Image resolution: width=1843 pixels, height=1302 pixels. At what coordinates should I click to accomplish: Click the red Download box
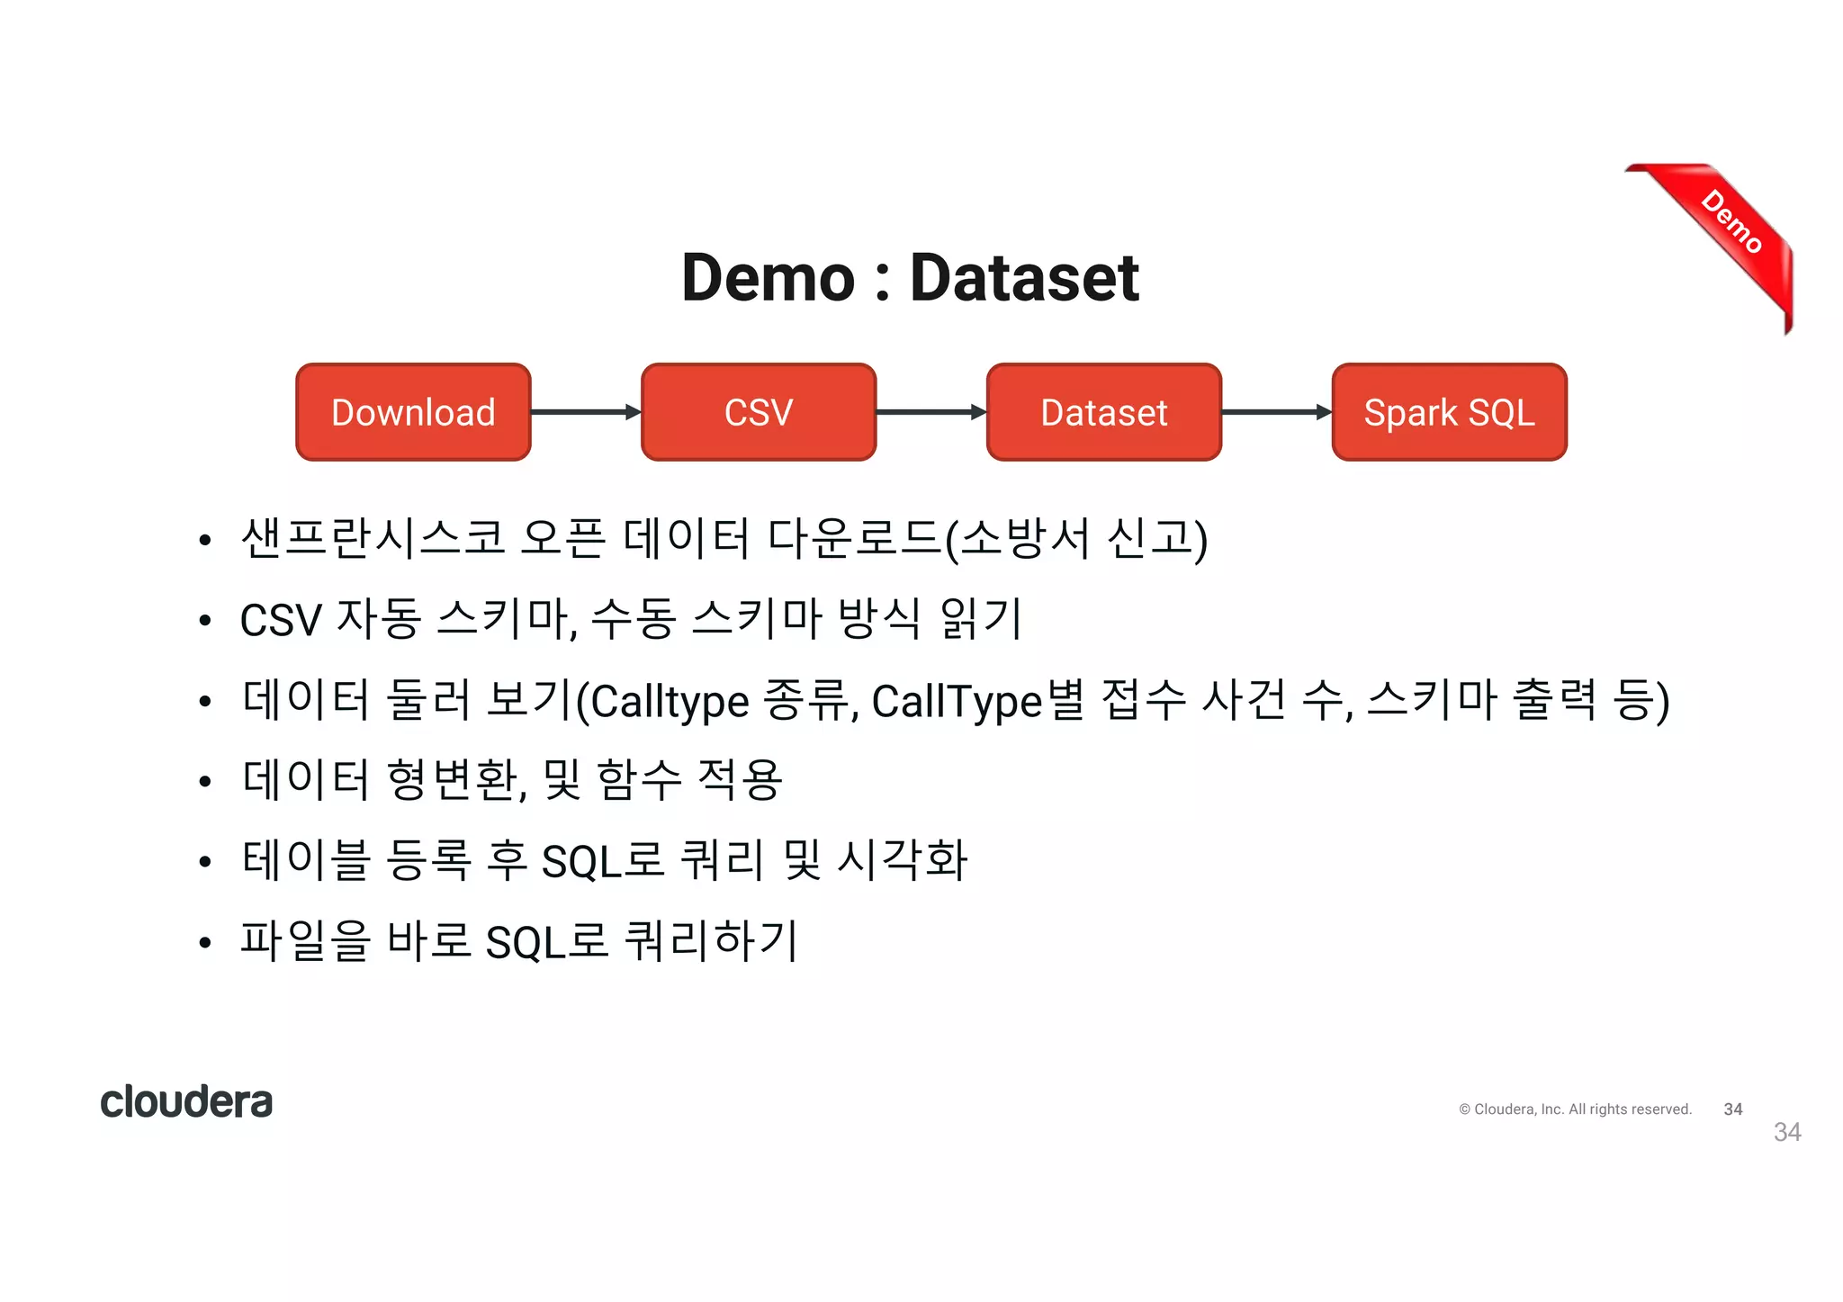413,412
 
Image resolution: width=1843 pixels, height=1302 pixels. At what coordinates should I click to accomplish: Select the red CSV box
758,412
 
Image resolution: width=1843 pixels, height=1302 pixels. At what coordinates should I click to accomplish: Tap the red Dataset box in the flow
1103,412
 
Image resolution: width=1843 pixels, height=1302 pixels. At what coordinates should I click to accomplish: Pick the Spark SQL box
1449,412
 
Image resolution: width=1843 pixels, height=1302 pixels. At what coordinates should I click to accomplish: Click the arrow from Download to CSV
585,412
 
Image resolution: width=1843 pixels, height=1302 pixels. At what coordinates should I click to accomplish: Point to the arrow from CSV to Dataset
930,412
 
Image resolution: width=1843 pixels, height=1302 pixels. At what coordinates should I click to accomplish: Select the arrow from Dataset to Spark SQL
1276,412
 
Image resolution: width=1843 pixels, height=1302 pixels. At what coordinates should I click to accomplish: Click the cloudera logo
186,1101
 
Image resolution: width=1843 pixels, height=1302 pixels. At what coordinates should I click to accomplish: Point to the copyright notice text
1575,1109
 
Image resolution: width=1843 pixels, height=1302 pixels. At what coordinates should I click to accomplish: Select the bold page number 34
1733,1109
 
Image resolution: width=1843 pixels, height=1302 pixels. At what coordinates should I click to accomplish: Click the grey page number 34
1787,1132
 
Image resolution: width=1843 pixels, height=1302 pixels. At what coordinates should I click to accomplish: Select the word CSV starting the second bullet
281,621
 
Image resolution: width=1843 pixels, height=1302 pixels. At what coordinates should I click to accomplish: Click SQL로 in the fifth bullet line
603,861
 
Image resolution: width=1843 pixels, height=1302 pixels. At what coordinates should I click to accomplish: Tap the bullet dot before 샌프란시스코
205,540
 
